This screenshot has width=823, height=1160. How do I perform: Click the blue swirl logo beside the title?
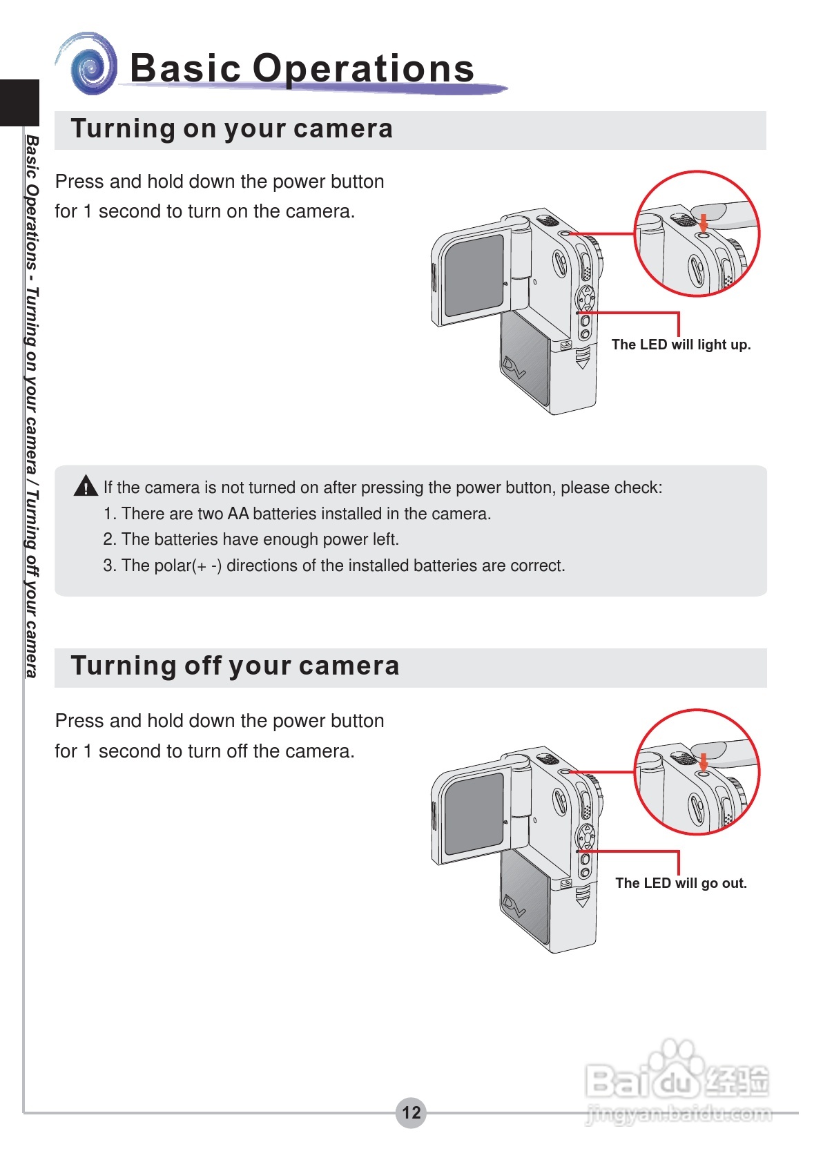(x=90, y=66)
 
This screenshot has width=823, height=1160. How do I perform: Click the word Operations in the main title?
(x=363, y=68)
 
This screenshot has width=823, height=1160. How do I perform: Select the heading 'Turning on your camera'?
(x=231, y=129)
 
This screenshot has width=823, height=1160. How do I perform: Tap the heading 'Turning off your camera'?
(x=235, y=666)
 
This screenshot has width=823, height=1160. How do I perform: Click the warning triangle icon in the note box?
(x=86, y=486)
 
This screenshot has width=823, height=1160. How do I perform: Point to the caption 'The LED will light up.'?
(x=681, y=345)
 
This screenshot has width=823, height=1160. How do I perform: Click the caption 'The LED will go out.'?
(x=681, y=883)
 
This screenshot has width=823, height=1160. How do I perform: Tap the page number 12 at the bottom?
(x=411, y=1112)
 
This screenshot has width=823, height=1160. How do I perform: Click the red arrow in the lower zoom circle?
(x=703, y=762)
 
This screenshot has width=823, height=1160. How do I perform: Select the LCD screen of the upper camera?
(x=474, y=275)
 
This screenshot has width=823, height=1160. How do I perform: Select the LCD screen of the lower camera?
(x=474, y=813)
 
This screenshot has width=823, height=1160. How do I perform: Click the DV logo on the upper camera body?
(x=514, y=367)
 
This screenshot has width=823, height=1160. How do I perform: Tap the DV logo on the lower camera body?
(x=514, y=905)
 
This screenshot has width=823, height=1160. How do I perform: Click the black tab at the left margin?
(x=19, y=103)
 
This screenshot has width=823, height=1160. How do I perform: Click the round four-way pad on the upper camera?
(x=585, y=299)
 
